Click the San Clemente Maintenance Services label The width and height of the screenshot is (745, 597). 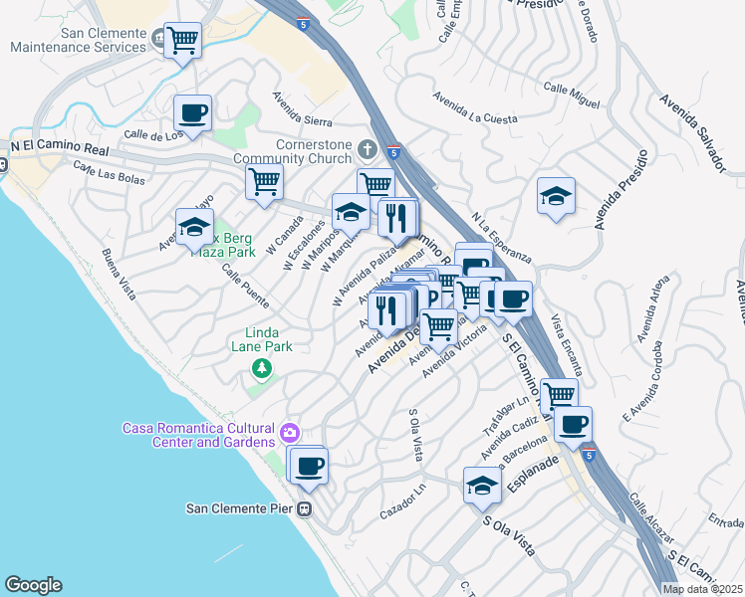[x=76, y=40]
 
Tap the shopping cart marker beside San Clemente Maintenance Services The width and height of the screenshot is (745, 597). [x=182, y=41]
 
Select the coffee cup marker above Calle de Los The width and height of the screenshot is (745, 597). [x=193, y=112]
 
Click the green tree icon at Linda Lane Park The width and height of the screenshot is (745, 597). [x=262, y=370]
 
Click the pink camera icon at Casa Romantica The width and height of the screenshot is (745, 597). [x=290, y=432]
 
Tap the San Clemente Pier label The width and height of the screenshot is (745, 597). [x=242, y=508]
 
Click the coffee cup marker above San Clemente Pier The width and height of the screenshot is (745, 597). [x=309, y=464]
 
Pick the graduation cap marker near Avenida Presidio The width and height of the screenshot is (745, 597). [x=555, y=195]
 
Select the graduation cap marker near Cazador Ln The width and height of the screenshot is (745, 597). [x=482, y=485]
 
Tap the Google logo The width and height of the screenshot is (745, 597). [x=33, y=585]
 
